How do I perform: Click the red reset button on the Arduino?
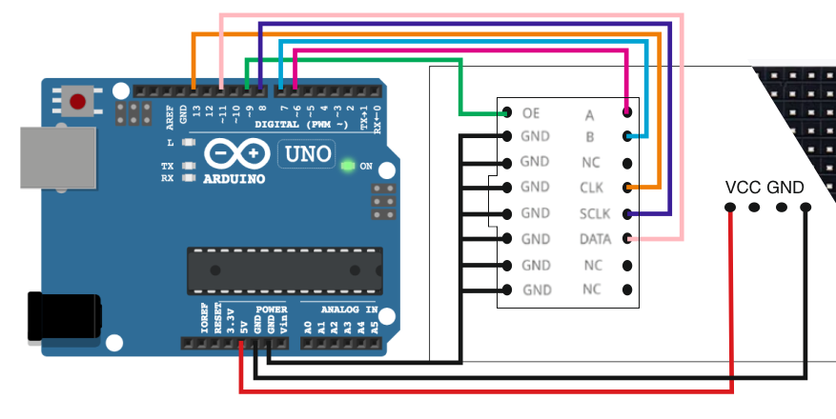pyautogui.click(x=78, y=100)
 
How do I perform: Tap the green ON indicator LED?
pyautogui.click(x=348, y=166)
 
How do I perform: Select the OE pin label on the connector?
pyautogui.click(x=531, y=113)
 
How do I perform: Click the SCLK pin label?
pyautogui.click(x=593, y=213)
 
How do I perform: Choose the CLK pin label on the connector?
pyautogui.click(x=592, y=188)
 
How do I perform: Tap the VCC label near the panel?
pyautogui.click(x=743, y=188)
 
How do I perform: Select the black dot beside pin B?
pyautogui.click(x=627, y=137)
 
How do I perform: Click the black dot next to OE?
pyautogui.click(x=505, y=113)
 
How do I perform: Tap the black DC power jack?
pyautogui.click(x=63, y=316)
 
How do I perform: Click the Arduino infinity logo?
pyautogui.click(x=235, y=154)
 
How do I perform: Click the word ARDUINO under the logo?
pyautogui.click(x=234, y=178)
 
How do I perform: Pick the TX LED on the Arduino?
pyautogui.click(x=189, y=166)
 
